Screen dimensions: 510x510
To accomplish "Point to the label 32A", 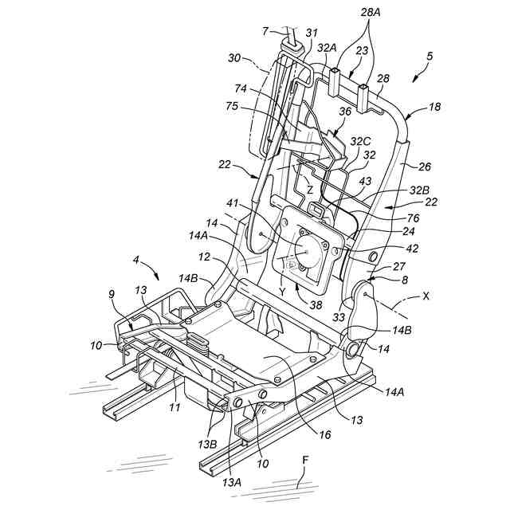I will coord(327,48).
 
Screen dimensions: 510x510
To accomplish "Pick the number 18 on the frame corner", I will coord(434,105).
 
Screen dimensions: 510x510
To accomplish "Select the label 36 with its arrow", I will coord(345,112).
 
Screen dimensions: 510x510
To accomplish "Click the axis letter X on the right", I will coord(426,295).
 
